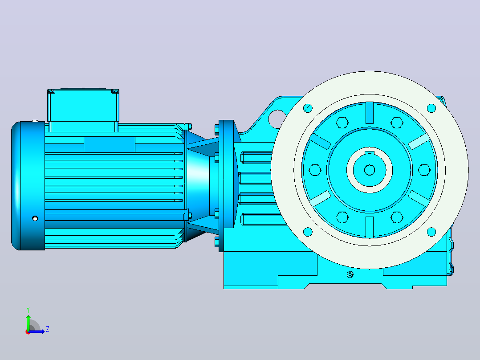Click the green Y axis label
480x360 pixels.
[x=28, y=310]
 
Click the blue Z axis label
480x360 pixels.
[x=48, y=329]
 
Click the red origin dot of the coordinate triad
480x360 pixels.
[x=28, y=332]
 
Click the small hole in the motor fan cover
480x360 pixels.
[x=35, y=218]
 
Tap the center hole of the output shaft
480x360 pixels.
[x=370, y=170]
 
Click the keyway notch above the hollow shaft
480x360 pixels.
[x=370, y=152]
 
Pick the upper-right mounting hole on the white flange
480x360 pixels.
[x=431, y=108]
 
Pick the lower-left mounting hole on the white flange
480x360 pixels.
[x=308, y=232]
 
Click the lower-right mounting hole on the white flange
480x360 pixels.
[x=431, y=232]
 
